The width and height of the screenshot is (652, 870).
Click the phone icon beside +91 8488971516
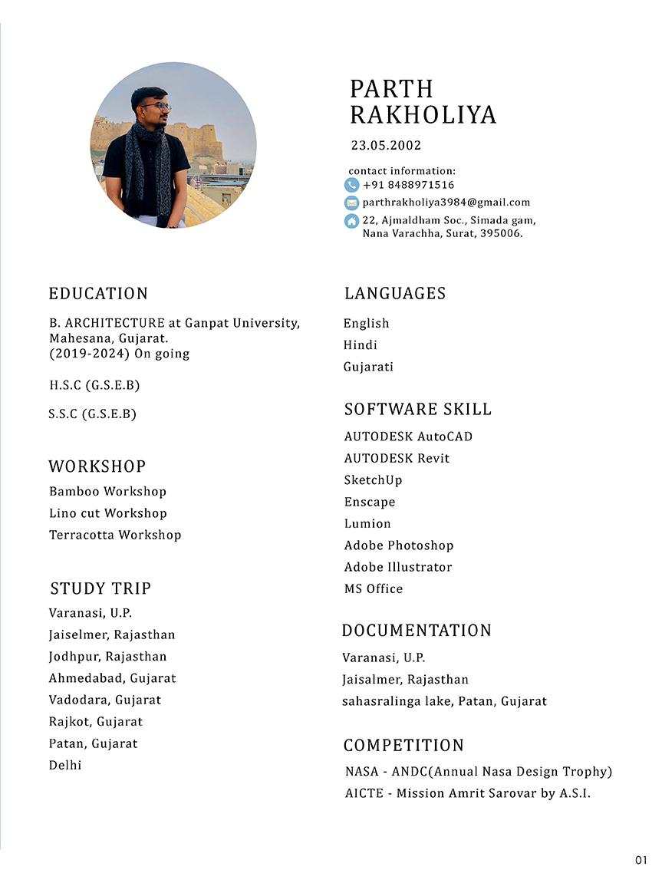tap(351, 185)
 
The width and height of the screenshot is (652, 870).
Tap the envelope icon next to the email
tap(351, 203)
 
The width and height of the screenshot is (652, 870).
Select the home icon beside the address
tap(351, 221)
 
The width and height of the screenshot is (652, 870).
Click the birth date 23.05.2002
tap(386, 145)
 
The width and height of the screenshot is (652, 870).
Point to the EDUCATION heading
tap(98, 294)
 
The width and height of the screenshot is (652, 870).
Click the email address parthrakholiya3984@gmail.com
tap(446, 203)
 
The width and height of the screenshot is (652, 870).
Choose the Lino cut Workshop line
tap(107, 513)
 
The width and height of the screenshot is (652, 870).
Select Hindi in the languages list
tap(360, 345)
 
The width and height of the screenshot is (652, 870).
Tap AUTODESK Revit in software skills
tap(397, 458)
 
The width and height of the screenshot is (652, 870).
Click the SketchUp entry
tap(373, 480)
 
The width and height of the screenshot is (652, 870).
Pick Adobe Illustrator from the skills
tap(397, 567)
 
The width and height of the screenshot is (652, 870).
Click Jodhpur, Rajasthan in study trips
tap(107, 657)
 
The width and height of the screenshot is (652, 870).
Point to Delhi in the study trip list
tap(65, 765)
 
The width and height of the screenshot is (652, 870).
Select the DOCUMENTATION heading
tap(417, 631)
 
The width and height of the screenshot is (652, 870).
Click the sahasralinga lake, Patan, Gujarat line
tap(444, 701)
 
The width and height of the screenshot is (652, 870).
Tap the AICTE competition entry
tap(467, 793)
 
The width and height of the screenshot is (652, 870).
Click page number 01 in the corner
tap(641, 859)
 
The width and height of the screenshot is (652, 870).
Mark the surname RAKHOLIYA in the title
tap(423, 115)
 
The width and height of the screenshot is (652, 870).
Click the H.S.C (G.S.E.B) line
tap(94, 385)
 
